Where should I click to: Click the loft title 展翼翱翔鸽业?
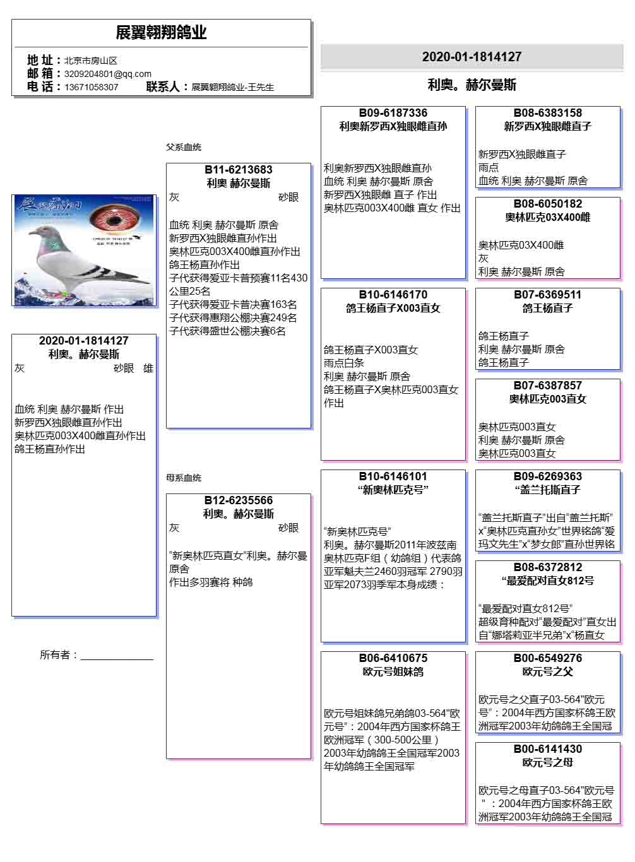coord(161,33)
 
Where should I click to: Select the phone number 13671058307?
coord(92,87)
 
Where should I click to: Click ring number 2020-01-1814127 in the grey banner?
coord(472,57)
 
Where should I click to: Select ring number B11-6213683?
coord(239,170)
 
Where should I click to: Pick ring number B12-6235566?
coord(239,500)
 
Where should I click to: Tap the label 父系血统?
coord(184,147)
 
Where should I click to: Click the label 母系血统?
coord(184,478)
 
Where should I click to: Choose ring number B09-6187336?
coord(393,113)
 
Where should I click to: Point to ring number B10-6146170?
coord(393,295)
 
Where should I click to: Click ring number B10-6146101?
coord(393,476)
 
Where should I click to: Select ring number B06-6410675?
coord(393,658)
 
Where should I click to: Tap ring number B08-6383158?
coord(548,113)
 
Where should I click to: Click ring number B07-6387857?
coord(548,386)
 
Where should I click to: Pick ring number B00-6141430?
coord(548,749)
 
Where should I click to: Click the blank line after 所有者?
coord(117,656)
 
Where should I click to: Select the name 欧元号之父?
coord(548,672)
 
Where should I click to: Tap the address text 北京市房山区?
coord(91,61)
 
